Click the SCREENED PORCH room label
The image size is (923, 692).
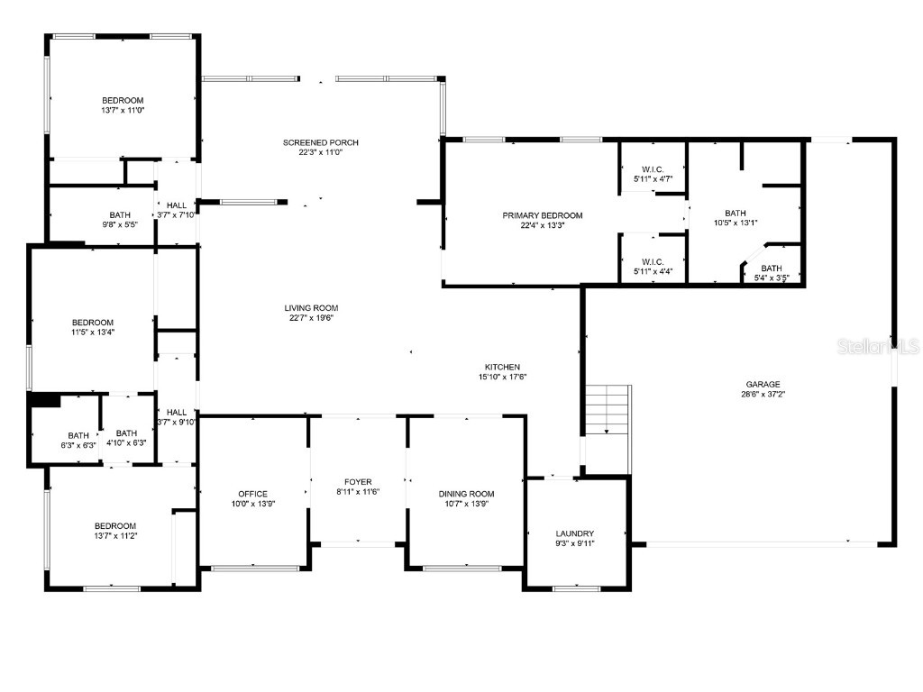tap(320, 142)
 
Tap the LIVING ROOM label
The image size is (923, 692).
tap(311, 308)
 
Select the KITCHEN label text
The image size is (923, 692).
tap(502, 367)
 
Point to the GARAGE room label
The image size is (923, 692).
tap(763, 384)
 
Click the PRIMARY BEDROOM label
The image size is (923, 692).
tap(542, 215)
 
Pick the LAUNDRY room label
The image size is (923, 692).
tap(575, 533)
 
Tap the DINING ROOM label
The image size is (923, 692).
tap(466, 494)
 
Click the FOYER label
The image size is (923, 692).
tap(358, 482)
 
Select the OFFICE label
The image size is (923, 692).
tap(253, 494)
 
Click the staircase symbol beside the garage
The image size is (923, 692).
tap(608, 410)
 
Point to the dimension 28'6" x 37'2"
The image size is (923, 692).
tap(763, 395)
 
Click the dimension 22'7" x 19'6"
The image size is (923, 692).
tap(311, 318)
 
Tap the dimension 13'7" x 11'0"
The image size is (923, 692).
tap(123, 110)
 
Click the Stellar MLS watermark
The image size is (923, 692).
tap(878, 346)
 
